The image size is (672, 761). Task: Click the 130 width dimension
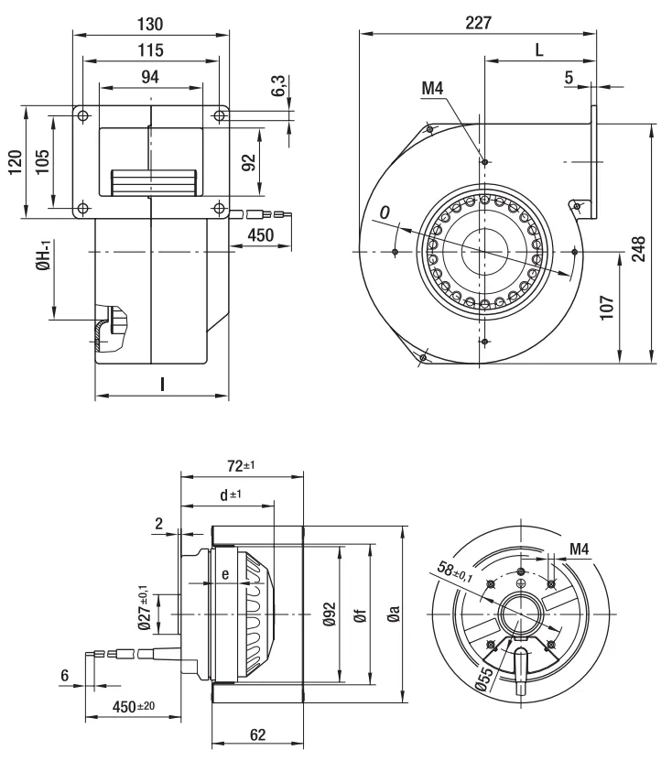150,23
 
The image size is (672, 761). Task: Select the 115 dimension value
150,51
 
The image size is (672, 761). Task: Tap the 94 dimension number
150,79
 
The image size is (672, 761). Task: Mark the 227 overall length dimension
476,24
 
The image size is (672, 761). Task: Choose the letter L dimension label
538,52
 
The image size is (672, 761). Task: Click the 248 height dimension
639,247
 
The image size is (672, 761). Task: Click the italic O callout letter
385,212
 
